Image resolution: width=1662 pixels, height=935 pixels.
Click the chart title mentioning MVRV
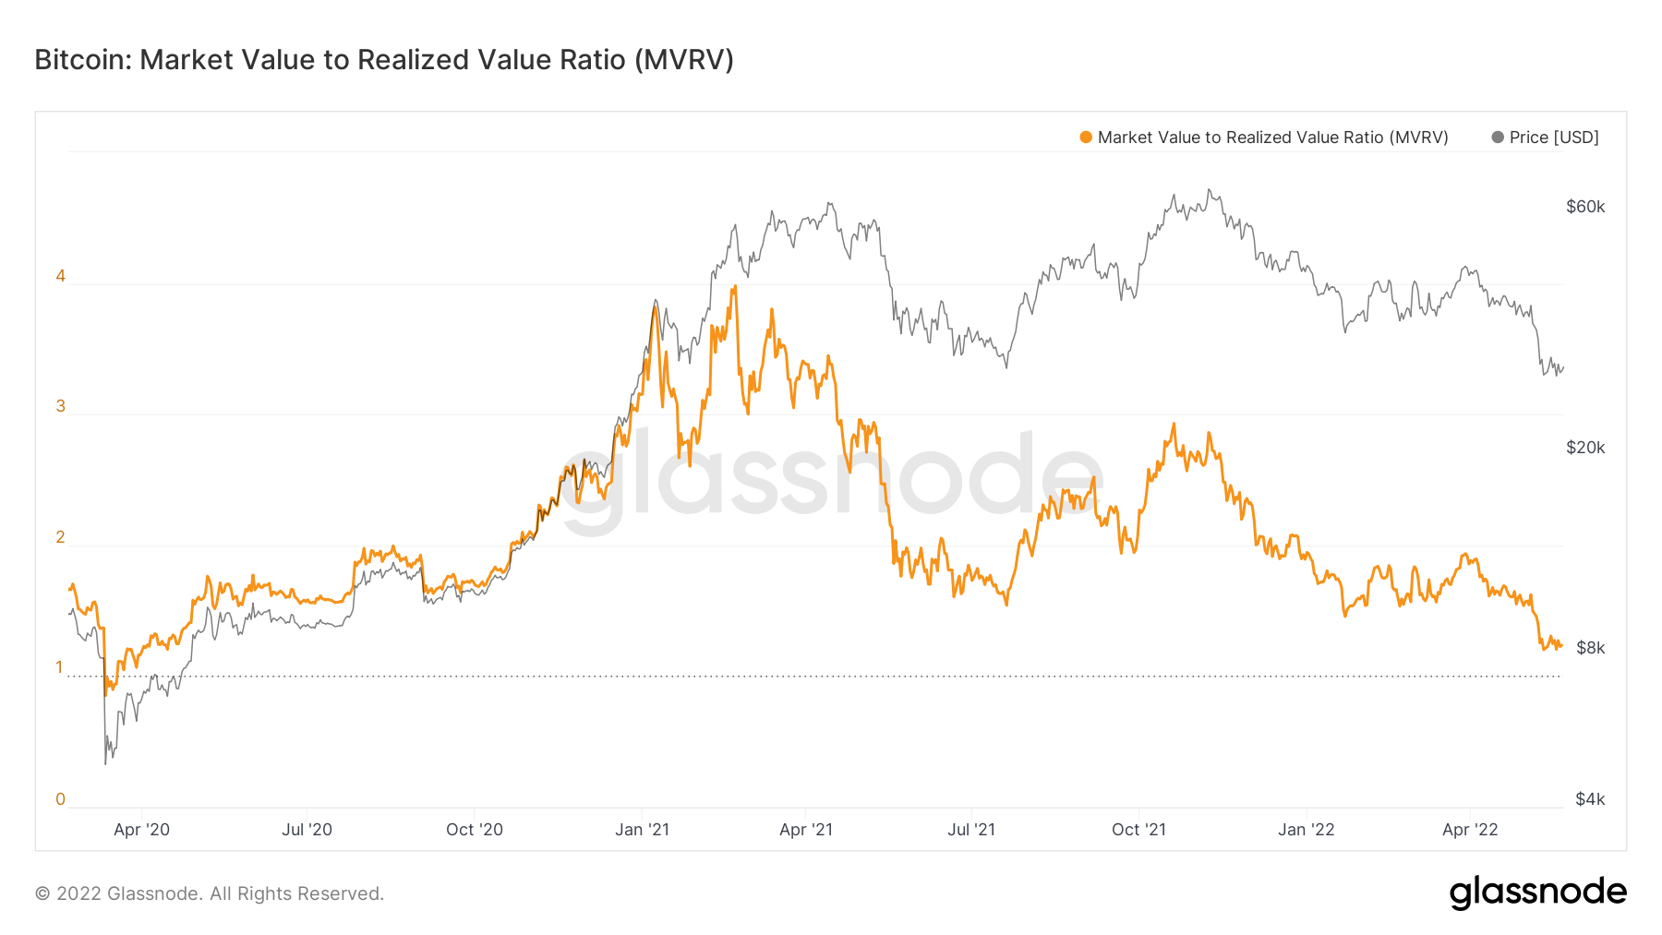pos(384,60)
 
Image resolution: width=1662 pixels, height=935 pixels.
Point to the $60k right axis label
pos(1584,207)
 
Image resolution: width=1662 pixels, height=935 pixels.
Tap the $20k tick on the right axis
pos(1584,448)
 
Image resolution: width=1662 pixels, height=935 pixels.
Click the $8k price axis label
pos(1589,648)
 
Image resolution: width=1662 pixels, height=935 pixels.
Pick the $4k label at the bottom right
pos(1589,799)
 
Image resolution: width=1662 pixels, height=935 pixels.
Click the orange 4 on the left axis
pos(61,276)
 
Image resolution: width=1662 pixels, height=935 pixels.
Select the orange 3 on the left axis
pos(61,406)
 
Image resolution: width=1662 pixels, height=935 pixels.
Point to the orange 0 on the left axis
pos(61,799)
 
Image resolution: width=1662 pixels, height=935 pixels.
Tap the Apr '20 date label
pos(141,830)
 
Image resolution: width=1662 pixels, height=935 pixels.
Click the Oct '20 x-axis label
pos(474,830)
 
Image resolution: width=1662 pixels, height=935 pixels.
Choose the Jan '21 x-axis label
pos(642,830)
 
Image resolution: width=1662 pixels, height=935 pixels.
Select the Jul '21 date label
pos(970,830)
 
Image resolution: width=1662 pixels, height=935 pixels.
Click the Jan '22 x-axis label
pos(1306,830)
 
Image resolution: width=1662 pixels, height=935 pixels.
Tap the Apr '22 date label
pos(1470,830)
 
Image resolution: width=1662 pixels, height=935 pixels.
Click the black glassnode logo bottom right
pos(1537,893)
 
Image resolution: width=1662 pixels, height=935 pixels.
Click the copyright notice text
pos(210,893)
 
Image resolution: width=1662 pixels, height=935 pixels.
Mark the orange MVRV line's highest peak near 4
pos(734,287)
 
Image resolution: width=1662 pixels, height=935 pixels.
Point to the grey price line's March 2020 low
pos(105,763)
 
